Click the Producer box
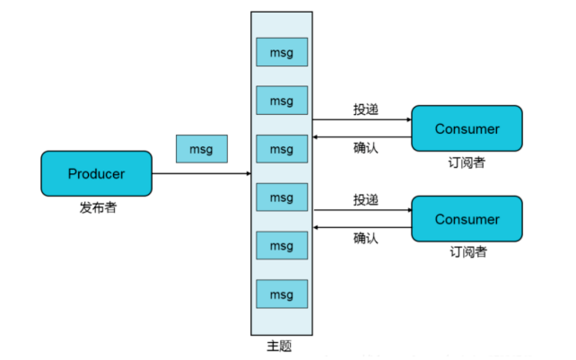coord(96,173)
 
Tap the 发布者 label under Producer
coord(98,208)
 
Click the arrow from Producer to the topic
coord(201,173)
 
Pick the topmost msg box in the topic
coord(282,52)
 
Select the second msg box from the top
coord(282,100)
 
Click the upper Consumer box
coord(467,128)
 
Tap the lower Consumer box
coord(467,219)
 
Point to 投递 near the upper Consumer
coord(365,110)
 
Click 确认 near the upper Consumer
coord(365,148)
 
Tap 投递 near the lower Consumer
coord(365,199)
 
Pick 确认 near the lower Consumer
coord(365,238)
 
